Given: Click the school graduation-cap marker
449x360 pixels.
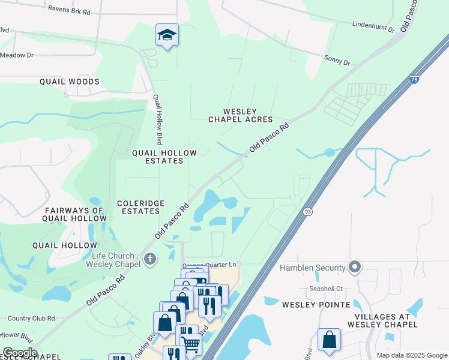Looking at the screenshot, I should [167, 35].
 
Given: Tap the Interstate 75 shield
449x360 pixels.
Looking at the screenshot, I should [415, 79].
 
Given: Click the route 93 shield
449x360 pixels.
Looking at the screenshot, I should [308, 211].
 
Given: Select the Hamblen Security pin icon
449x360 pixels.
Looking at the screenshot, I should [355, 267].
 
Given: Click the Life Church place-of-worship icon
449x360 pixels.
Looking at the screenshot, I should [150, 259].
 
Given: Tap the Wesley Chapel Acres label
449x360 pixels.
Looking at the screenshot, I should [240, 115].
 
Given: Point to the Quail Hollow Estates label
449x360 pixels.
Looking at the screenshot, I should [164, 157].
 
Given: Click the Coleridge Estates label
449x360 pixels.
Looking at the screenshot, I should [140, 208].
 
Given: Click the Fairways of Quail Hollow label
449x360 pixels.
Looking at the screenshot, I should [74, 214].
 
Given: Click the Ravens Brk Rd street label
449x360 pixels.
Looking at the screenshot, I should [70, 11].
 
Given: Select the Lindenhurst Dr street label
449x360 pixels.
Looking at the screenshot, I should [373, 26].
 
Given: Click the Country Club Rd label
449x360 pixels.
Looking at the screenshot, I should [28, 319].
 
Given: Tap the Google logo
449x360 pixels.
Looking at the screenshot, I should [20, 352].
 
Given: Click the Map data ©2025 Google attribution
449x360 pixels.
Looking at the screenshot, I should [411, 355].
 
